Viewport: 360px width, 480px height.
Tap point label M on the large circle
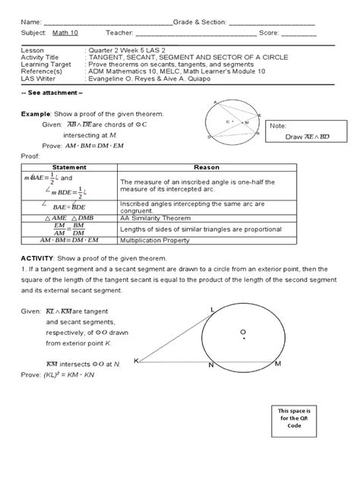click(278, 365)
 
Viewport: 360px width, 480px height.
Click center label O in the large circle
click(242, 332)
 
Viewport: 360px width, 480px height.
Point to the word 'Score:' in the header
click(271, 33)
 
